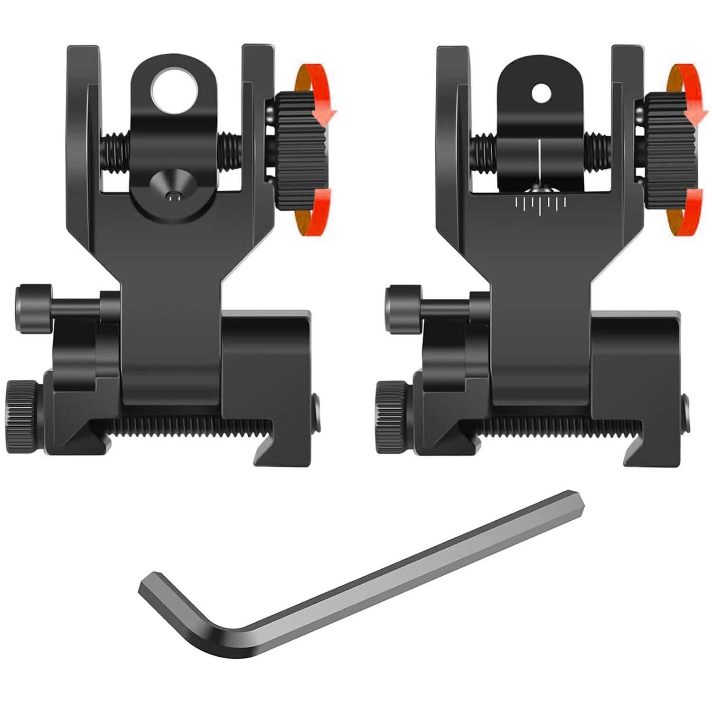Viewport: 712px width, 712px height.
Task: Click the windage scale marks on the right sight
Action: coord(540,203)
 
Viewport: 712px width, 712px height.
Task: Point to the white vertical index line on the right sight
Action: coord(540,161)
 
